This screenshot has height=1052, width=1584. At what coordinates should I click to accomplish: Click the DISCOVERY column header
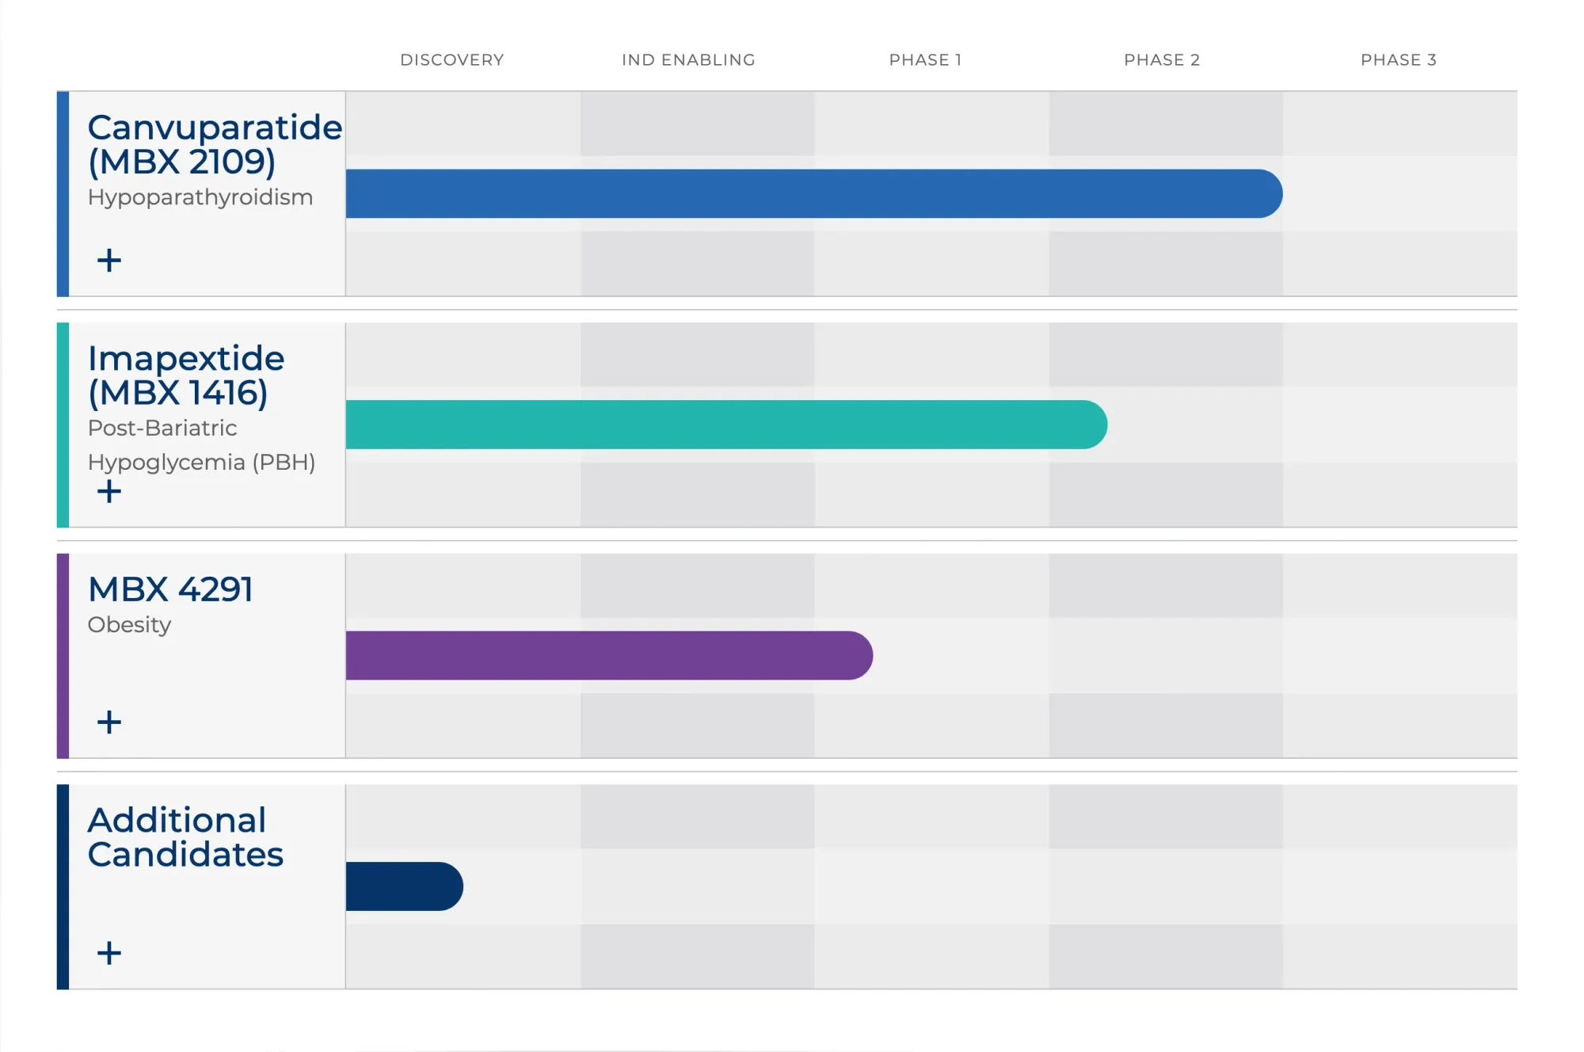451,60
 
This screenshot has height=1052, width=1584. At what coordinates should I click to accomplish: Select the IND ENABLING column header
688,60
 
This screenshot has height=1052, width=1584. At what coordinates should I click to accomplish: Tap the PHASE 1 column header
925,60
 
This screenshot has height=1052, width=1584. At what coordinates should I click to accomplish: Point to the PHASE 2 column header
1162,60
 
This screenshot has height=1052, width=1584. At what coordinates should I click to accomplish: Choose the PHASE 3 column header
1398,60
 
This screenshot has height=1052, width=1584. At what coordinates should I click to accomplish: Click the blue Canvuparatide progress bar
813,193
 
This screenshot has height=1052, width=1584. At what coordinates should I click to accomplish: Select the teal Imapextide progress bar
725,425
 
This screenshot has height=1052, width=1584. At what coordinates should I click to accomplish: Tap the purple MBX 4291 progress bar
608,655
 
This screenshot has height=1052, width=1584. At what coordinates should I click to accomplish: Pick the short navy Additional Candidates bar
404,886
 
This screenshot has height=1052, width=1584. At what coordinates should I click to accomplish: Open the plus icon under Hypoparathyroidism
109,260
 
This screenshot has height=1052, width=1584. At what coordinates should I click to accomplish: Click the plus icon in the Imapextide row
109,491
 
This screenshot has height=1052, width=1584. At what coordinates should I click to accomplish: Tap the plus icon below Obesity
109,722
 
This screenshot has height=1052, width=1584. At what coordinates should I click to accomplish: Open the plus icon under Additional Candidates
109,952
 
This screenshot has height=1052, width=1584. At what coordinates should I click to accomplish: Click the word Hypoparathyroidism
200,197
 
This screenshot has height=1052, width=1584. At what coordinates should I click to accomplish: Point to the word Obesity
129,624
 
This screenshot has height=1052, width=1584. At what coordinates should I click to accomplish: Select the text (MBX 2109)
182,162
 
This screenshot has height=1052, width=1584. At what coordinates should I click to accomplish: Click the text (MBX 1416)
178,393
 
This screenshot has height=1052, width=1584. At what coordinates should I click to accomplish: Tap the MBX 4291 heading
170,589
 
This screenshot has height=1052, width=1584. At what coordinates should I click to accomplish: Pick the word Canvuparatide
215,128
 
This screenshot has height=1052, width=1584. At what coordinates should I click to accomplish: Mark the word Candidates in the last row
185,855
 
